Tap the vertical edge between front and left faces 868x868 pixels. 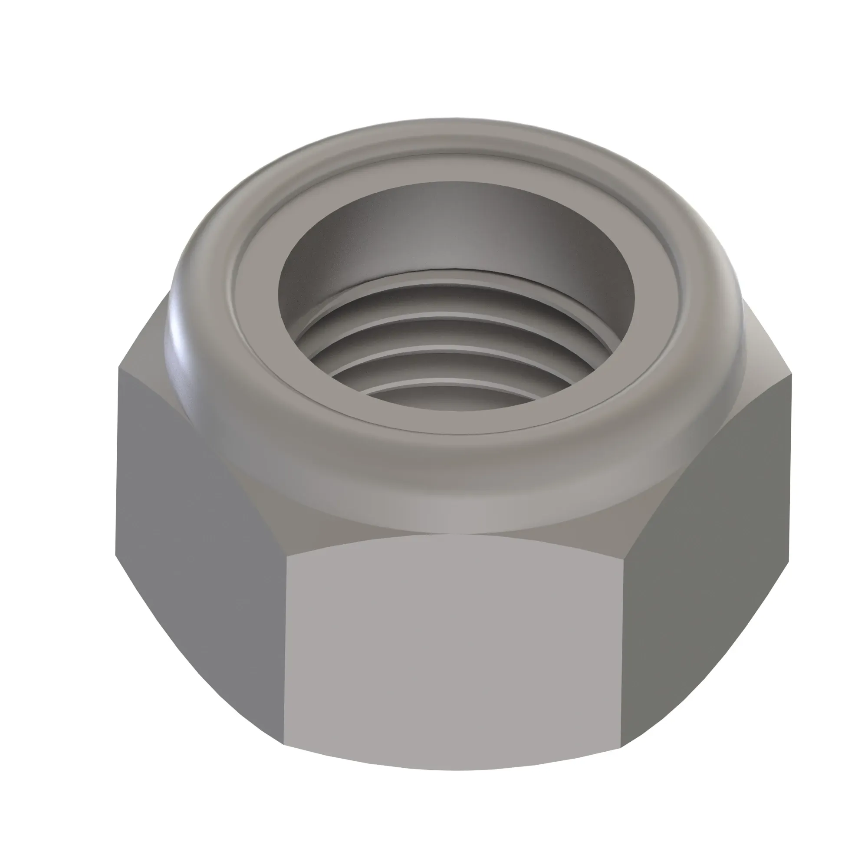pyautogui.click(x=285, y=651)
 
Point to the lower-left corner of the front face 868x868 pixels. pyautogui.click(x=284, y=745)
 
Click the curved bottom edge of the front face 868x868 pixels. pyautogui.click(x=454, y=769)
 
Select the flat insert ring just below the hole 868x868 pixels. pyautogui.click(x=454, y=422)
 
